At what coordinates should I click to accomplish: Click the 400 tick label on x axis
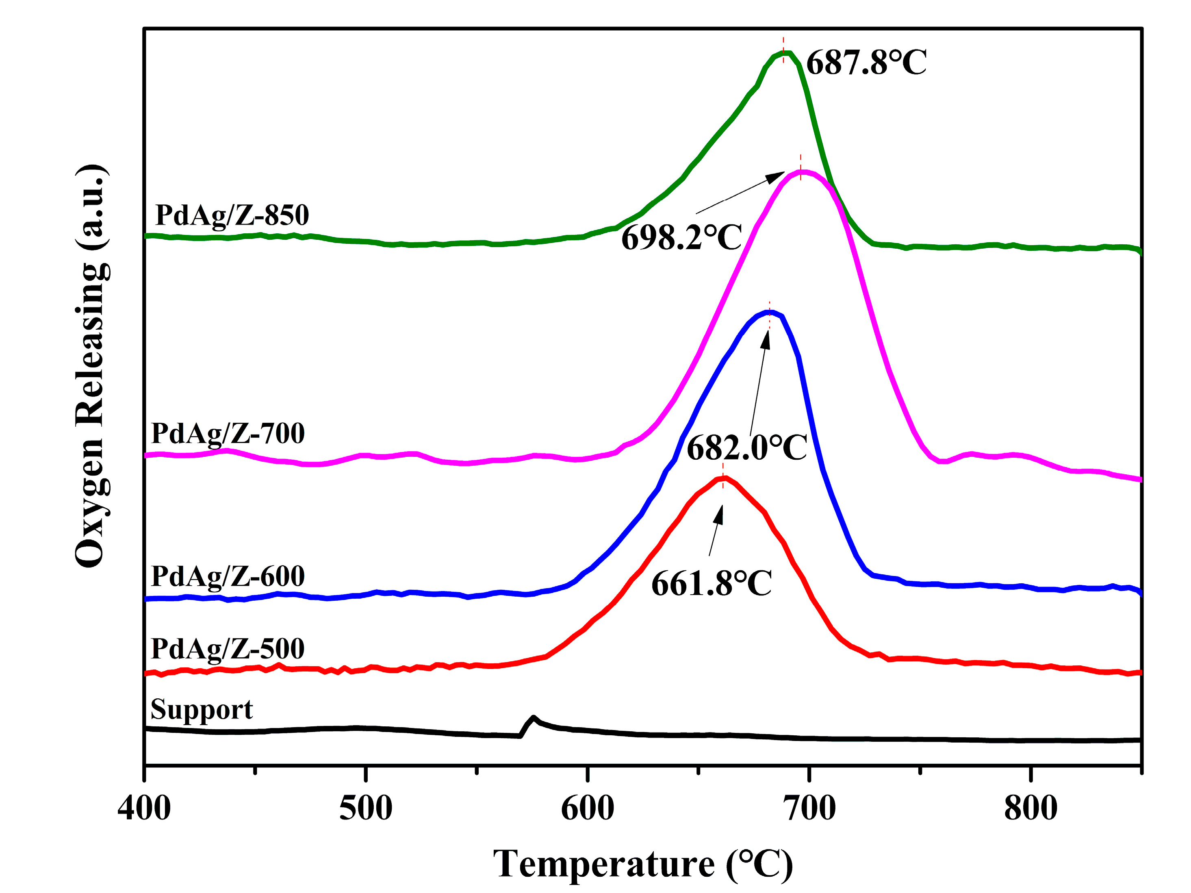point(144,809)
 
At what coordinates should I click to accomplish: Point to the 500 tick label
point(366,809)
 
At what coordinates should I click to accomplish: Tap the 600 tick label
point(588,809)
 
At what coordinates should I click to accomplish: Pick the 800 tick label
point(1030,809)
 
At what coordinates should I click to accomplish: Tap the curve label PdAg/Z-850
point(232,215)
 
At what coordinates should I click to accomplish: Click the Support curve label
point(202,709)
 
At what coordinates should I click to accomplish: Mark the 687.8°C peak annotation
point(866,63)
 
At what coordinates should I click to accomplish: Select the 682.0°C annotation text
point(746,448)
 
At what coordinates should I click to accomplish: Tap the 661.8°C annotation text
point(711,583)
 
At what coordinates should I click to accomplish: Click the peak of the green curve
point(785,53)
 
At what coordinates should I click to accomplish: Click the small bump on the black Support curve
point(533,718)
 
